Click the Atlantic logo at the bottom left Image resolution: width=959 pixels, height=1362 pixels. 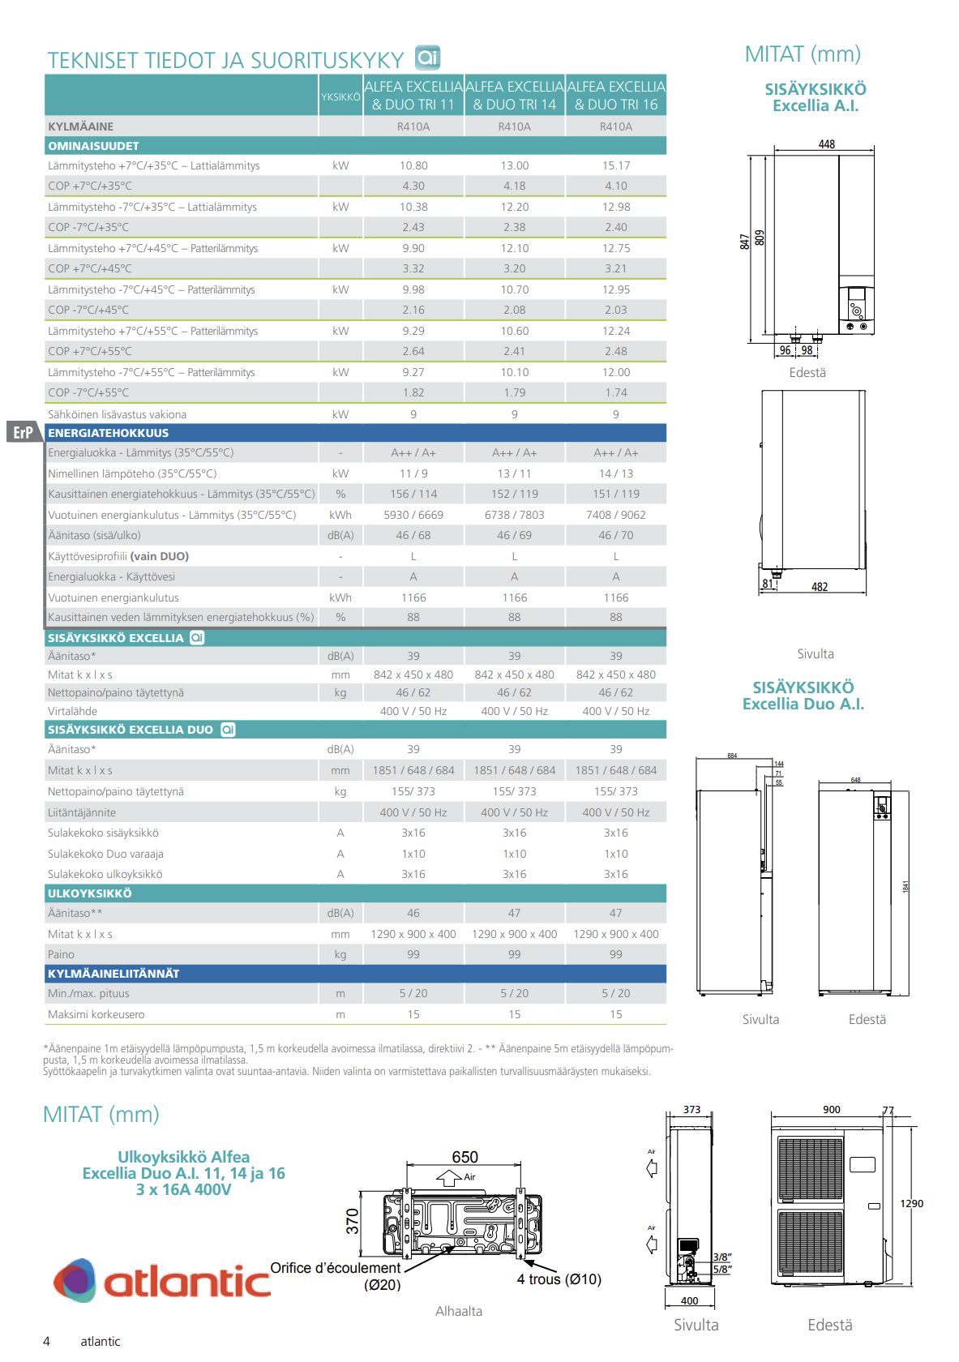162,1281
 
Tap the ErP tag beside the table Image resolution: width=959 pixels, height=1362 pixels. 24,432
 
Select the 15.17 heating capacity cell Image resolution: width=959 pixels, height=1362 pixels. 616,165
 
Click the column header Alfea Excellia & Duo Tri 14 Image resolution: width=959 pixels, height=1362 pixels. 514,96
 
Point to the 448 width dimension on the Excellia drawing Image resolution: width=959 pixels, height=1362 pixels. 826,144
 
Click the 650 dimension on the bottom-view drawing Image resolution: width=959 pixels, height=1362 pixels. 465,1157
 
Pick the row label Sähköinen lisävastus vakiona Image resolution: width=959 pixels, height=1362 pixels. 118,414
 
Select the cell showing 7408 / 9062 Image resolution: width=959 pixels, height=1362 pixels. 616,515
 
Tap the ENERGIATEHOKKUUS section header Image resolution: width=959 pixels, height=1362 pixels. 109,433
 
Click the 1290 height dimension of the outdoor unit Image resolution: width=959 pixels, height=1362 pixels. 911,1204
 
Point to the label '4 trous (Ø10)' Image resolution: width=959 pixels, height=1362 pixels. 559,1279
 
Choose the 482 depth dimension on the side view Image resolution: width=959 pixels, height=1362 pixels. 820,587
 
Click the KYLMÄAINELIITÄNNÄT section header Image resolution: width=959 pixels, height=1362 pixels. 113,974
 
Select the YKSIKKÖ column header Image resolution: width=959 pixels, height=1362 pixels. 340,97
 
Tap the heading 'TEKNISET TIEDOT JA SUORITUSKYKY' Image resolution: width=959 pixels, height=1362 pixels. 225,60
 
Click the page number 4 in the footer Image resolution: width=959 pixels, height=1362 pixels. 46,1342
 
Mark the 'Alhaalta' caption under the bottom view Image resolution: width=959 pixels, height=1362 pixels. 459,1311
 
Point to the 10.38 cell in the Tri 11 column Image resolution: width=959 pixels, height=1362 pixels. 413,207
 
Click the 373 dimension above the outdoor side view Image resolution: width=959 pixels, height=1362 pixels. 691,1110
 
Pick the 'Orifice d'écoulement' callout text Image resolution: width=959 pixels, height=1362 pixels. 336,1268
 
